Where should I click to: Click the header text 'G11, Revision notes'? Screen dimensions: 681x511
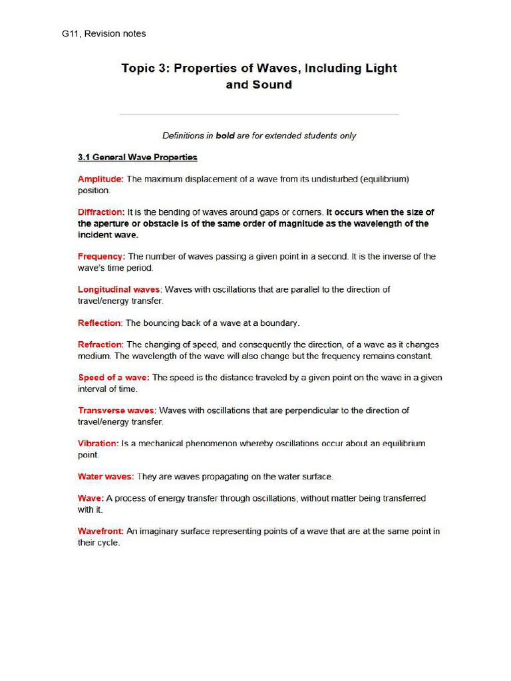coord(103,33)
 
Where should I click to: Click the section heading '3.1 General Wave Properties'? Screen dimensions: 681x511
coord(137,158)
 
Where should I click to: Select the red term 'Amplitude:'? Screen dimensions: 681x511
coord(100,179)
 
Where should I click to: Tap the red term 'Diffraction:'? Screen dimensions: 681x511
coord(101,212)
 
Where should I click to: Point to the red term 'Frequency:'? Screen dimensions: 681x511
coord(101,257)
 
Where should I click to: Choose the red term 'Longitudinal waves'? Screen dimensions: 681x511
coord(118,290)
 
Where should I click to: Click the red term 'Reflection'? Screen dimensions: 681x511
coord(99,323)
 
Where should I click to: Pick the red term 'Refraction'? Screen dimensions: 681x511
coord(100,344)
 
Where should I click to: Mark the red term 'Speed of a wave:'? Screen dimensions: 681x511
coord(114,378)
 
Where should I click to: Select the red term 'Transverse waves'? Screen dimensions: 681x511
coord(116,410)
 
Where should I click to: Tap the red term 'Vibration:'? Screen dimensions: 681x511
coord(98,444)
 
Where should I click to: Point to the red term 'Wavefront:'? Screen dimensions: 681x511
coord(100,531)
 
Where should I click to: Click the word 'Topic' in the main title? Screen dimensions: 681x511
coord(138,68)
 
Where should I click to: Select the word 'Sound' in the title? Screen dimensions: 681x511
coord(271,85)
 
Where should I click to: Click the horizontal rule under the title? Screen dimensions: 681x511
coord(259,114)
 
